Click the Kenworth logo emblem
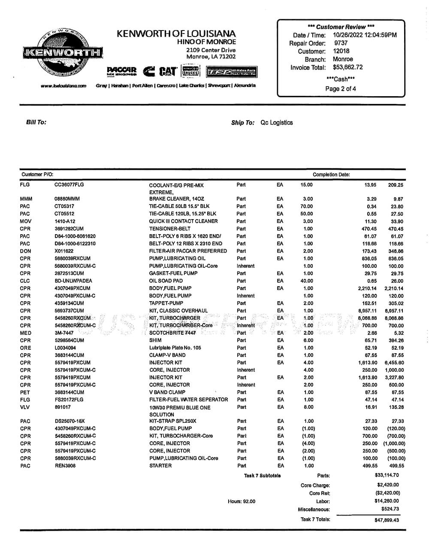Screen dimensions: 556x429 [63, 53]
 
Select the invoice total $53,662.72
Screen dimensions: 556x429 [347, 67]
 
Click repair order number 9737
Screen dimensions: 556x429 [341, 43]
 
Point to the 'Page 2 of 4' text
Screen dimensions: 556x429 [341, 89]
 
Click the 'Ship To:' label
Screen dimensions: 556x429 [243, 123]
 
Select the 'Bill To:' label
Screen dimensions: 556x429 [36, 122]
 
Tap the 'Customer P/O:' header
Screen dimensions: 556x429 [37, 174]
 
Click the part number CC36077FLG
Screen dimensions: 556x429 [69, 185]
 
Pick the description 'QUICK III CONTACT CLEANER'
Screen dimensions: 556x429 [183, 221]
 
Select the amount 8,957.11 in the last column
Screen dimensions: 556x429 [393, 311]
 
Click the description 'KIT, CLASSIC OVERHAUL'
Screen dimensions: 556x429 [178, 311]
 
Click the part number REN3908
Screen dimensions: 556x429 [65, 466]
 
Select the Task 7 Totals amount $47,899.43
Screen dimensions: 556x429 [387, 520]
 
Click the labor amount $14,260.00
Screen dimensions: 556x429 [387, 501]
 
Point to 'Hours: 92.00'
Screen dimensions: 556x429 [242, 501]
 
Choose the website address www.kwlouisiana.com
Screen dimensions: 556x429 [63, 86]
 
